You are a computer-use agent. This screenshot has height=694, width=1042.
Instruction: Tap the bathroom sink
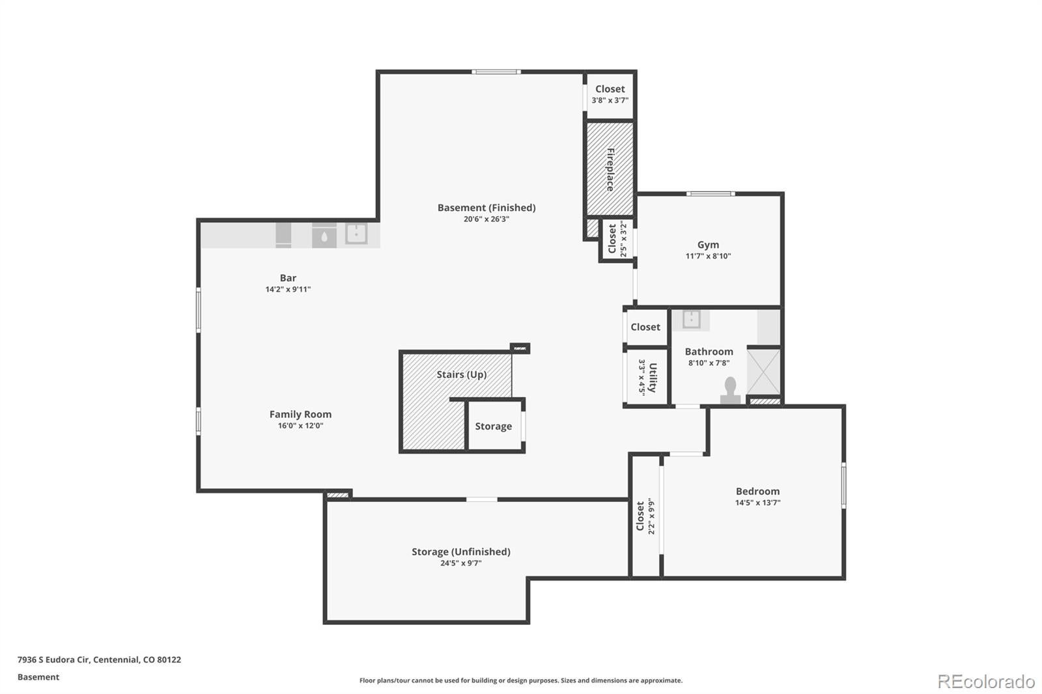pyautogui.click(x=691, y=320)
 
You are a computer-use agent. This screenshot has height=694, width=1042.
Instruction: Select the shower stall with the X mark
pyautogui.click(x=763, y=372)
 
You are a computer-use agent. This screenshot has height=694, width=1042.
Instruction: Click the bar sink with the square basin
pyautogui.click(x=356, y=233)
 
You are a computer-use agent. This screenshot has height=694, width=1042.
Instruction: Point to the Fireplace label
pyautogui.click(x=610, y=169)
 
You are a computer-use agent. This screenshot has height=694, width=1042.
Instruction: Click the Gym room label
pyautogui.click(x=708, y=245)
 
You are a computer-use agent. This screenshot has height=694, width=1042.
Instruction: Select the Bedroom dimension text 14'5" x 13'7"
pyautogui.click(x=757, y=503)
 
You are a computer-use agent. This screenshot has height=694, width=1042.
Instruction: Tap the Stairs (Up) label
pyautogui.click(x=461, y=374)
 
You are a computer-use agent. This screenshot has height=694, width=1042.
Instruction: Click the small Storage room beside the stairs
pyautogui.click(x=493, y=426)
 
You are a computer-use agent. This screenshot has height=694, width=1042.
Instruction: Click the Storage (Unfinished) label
pyautogui.click(x=460, y=551)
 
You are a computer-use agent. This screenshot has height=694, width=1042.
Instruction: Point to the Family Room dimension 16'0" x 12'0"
pyautogui.click(x=300, y=426)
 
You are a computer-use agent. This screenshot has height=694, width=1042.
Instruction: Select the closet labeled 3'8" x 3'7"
pyautogui.click(x=610, y=94)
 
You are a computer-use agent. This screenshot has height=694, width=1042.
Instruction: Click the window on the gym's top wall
pyautogui.click(x=711, y=193)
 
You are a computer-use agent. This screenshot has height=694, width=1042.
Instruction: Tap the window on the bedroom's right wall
pyautogui.click(x=843, y=485)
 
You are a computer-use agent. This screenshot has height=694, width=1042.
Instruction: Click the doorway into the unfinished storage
pyautogui.click(x=481, y=499)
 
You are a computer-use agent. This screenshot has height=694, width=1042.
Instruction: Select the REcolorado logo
pyautogui.click(x=986, y=681)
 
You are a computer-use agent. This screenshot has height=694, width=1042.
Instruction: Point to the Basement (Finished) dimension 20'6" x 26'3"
pyautogui.click(x=486, y=219)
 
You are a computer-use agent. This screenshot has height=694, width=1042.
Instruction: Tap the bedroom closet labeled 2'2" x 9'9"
pyautogui.click(x=645, y=516)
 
